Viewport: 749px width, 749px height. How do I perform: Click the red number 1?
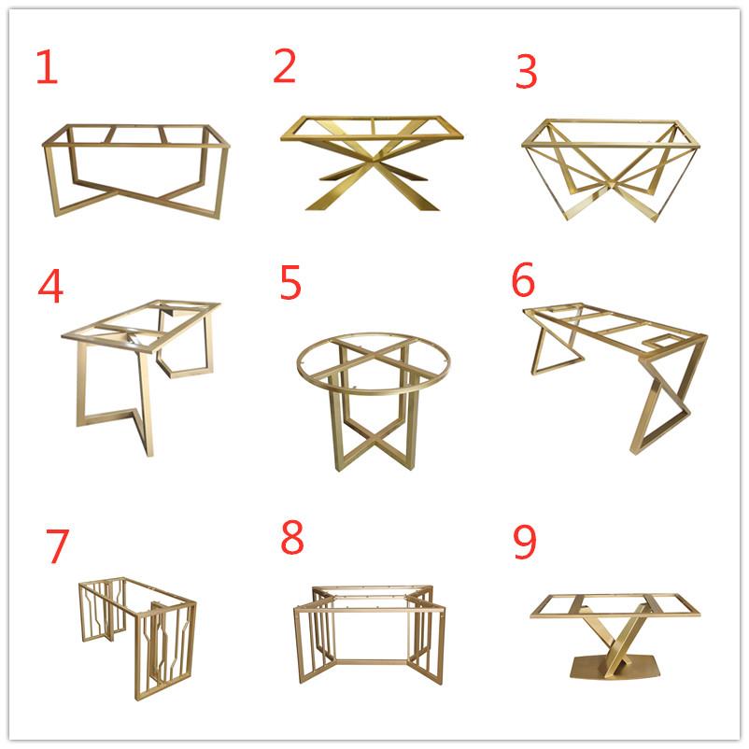click(48, 67)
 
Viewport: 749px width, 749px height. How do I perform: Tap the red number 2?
click(285, 65)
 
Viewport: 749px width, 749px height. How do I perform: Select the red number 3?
click(527, 71)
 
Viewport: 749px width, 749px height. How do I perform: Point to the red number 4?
click(50, 286)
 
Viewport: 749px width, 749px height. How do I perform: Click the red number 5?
click(290, 282)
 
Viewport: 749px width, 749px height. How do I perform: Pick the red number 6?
click(523, 279)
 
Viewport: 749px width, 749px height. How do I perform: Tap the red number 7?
click(58, 546)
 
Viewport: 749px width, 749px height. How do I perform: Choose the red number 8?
click(292, 537)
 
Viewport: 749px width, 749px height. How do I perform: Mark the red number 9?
click(525, 542)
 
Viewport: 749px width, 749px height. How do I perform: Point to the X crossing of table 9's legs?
click(616, 639)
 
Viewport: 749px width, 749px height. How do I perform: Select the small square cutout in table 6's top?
click(661, 341)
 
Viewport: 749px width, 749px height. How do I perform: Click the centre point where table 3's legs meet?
click(612, 184)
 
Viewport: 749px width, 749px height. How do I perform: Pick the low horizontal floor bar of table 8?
click(368, 662)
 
